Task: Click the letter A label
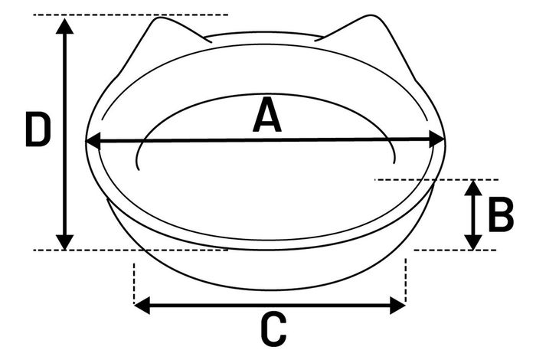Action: [x=267, y=115]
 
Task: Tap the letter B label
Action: [x=501, y=214]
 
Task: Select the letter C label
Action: [x=273, y=329]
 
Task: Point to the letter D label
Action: [x=38, y=129]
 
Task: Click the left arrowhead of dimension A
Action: [x=93, y=142]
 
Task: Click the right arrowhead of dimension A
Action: [x=437, y=139]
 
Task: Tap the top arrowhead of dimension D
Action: [x=64, y=26]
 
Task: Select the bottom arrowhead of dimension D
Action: [x=64, y=242]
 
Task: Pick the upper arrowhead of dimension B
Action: [x=473, y=188]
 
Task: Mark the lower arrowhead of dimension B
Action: [x=473, y=242]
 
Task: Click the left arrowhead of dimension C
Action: [x=142, y=306]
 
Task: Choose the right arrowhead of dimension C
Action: [x=397, y=306]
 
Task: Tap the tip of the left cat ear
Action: [x=157, y=18]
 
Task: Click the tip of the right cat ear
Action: [x=371, y=16]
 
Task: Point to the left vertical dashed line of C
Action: [x=134, y=283]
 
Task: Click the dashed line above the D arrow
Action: [x=130, y=15]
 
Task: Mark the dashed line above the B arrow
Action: [x=436, y=180]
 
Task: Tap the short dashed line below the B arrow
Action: [x=455, y=250]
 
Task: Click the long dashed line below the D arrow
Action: [x=130, y=250]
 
